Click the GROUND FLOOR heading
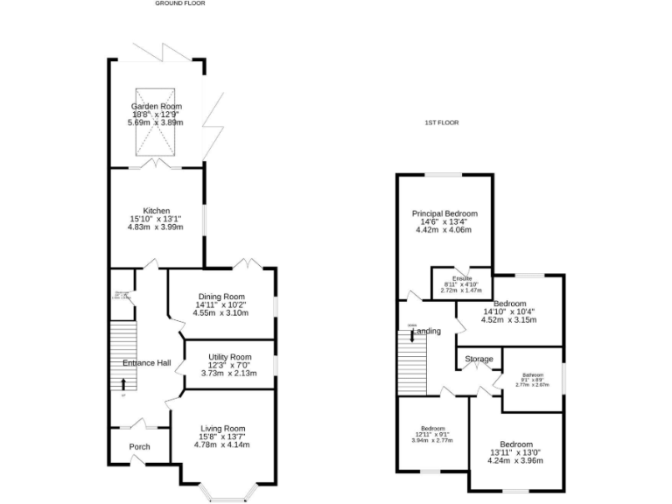click(x=180, y=3)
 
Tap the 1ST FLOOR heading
click(x=442, y=122)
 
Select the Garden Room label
click(x=157, y=107)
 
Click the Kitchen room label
click(x=157, y=211)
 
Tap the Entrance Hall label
click(x=146, y=363)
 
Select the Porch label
click(x=139, y=447)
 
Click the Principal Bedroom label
click(x=445, y=213)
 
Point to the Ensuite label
click(x=462, y=279)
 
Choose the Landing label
click(x=426, y=332)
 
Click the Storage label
click(x=479, y=360)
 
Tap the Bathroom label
click(x=533, y=374)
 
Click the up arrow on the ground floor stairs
click(x=123, y=383)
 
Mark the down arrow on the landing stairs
click(x=412, y=335)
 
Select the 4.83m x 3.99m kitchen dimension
click(x=157, y=227)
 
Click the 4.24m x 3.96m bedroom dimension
click(x=515, y=460)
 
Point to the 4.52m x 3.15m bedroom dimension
click(x=509, y=319)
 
